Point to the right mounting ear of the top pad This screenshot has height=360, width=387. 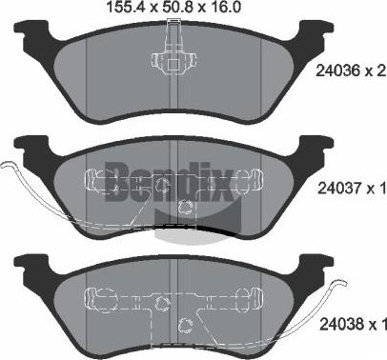pos(308,34)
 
